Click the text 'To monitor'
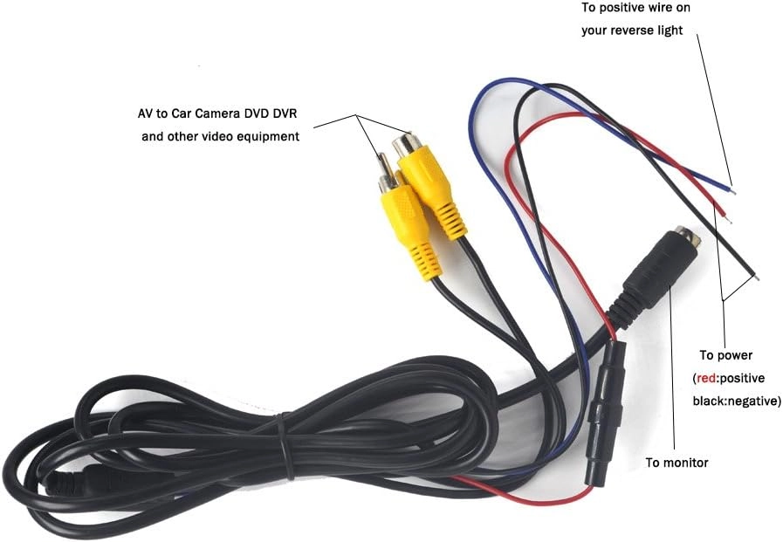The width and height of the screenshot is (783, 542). click(677, 463)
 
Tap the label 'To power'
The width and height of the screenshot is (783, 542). click(725, 355)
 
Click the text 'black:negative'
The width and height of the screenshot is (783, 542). click(735, 401)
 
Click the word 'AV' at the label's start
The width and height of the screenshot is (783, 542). click(134, 114)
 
